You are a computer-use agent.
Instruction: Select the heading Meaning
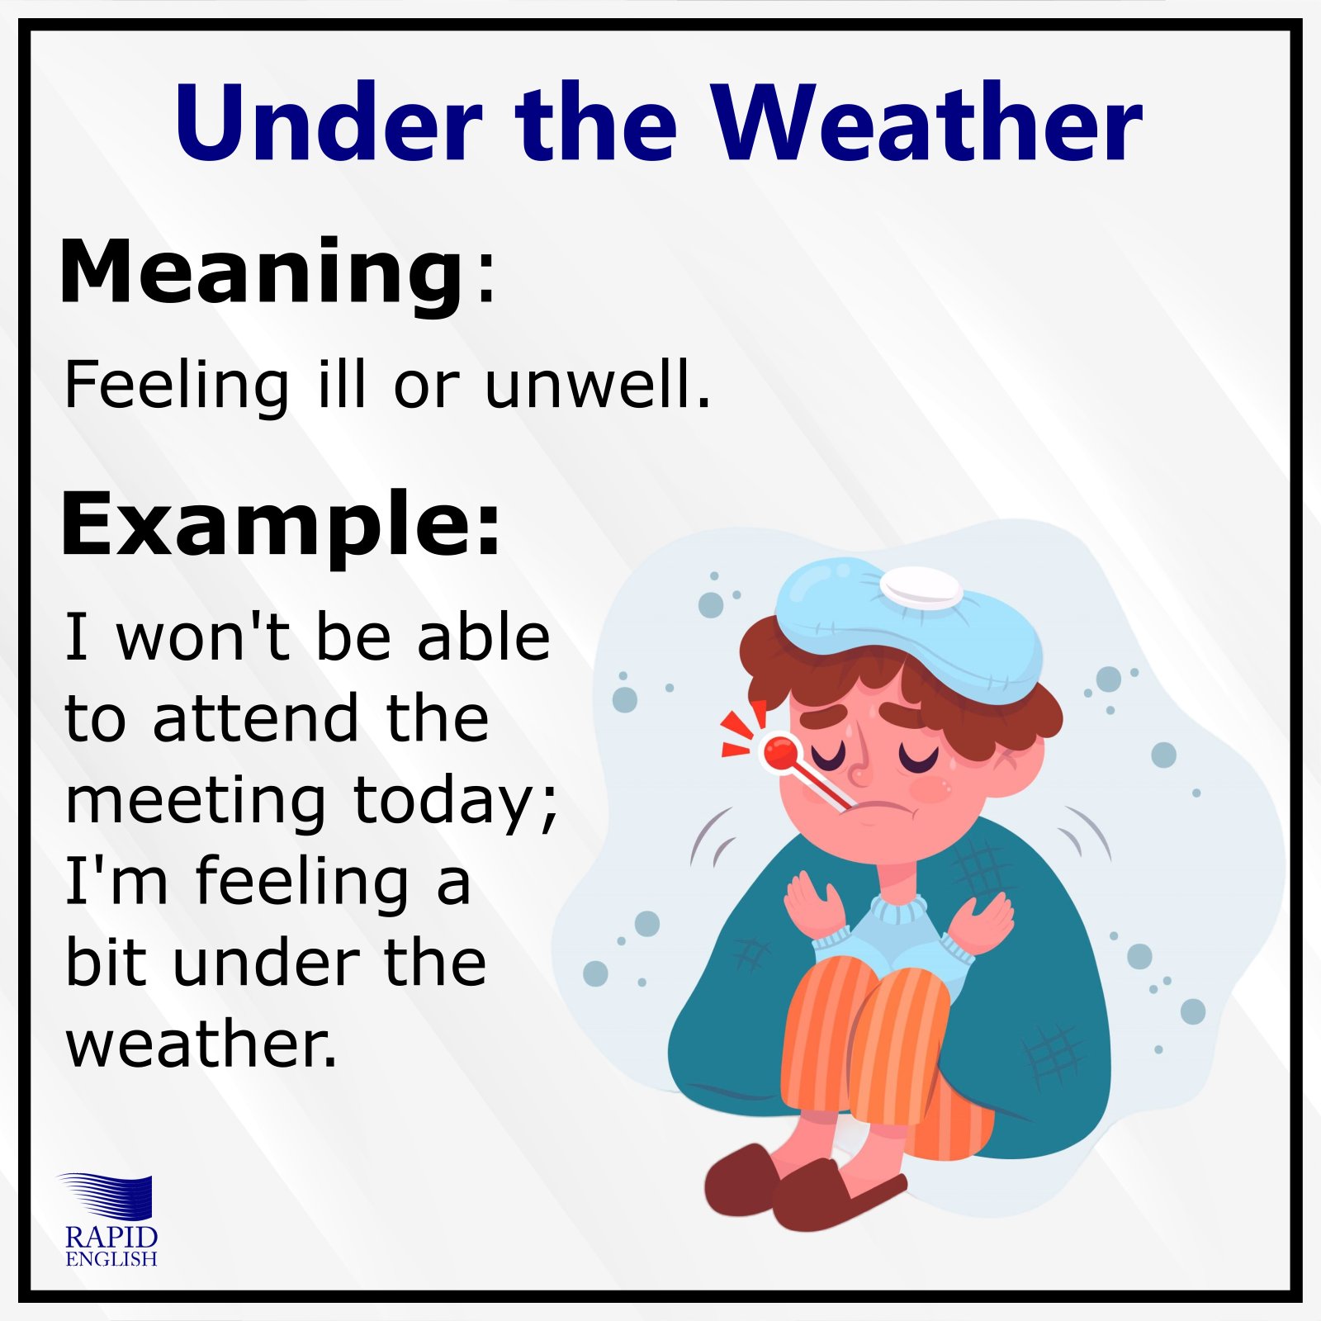click(263, 272)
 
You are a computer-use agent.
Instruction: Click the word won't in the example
click(203, 637)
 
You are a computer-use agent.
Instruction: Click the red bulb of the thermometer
click(779, 751)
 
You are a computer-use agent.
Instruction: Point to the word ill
click(342, 385)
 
